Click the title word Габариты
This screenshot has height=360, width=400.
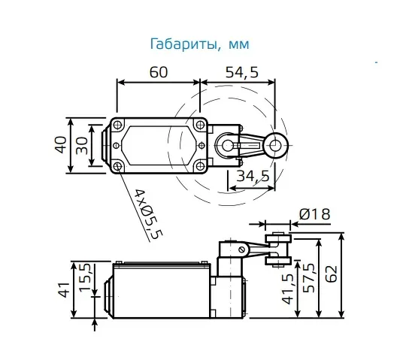pos(186,44)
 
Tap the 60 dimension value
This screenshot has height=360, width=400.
pos(159,72)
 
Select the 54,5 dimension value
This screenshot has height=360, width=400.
pos(242,72)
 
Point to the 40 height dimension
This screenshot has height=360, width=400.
pos(61,145)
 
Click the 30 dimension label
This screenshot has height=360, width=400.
pos(82,146)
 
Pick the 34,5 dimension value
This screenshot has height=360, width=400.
pos(253,176)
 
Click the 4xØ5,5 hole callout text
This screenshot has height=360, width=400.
pos(148,214)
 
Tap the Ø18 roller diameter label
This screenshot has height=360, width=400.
pos(314,214)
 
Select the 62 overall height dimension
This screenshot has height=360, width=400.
pos(332,274)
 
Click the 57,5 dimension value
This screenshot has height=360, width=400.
pos(310,277)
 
